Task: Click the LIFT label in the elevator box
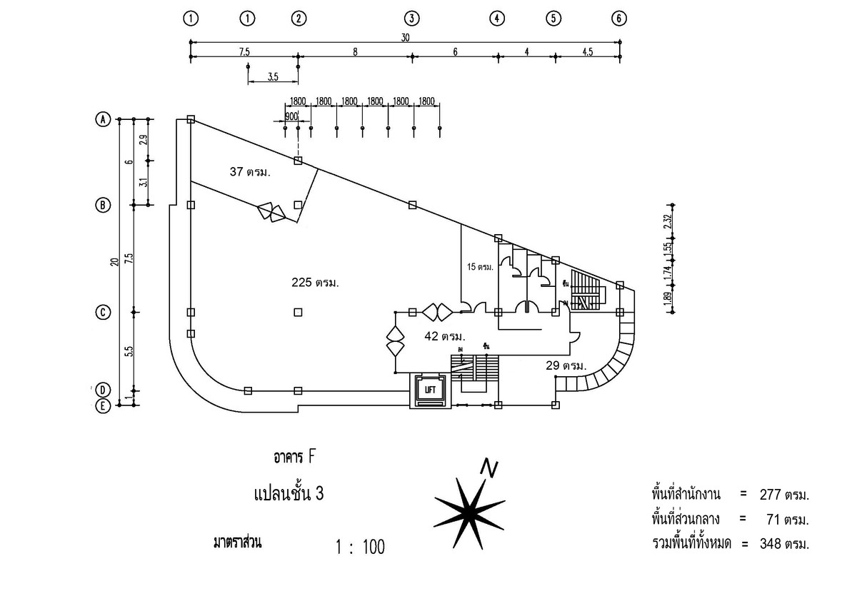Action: click(430, 390)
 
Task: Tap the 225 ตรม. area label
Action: click(315, 282)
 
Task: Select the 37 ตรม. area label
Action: click(253, 172)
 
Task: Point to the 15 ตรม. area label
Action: click(480, 267)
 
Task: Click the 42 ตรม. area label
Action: click(443, 335)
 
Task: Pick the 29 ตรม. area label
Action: click(564, 365)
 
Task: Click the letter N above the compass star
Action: click(489, 467)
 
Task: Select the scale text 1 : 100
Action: click(360, 547)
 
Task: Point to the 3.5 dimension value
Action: click(273, 77)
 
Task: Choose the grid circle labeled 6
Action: click(619, 19)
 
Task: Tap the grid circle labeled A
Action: click(104, 119)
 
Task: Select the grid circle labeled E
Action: click(104, 405)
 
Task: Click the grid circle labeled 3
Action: click(411, 19)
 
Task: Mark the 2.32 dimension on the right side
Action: click(666, 221)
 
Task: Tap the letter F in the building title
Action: click(311, 456)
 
